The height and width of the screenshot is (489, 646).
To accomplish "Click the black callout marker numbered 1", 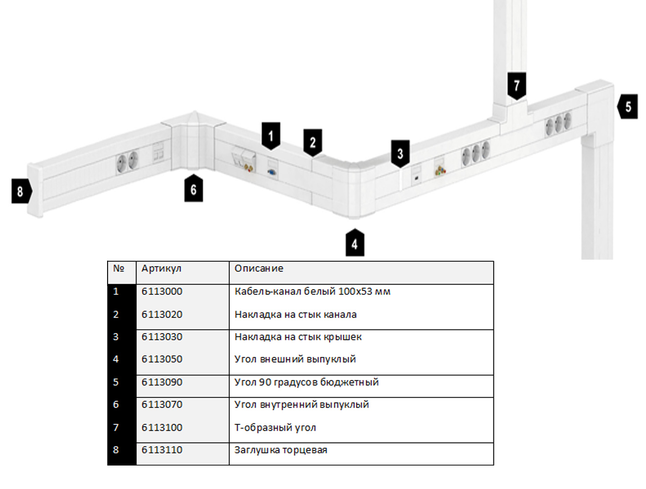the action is [271, 136].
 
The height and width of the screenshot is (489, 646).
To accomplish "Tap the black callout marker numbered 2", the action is [312, 142].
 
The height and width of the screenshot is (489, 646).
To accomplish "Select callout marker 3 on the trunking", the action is [400, 154].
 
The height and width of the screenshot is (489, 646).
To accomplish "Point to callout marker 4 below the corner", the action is [355, 243].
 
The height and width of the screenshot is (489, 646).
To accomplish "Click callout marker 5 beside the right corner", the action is [627, 107].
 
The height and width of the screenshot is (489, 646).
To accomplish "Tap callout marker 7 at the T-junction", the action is [517, 86].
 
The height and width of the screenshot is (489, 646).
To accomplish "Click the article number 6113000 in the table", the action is [162, 291].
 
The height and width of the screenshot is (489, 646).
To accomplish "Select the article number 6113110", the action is [162, 449].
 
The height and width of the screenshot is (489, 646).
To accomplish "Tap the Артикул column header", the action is [161, 268].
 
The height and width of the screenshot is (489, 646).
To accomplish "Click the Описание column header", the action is [259, 268].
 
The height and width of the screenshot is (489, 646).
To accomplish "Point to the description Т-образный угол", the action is [275, 427].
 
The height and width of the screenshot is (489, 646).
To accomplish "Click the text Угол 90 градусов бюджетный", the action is [306, 382].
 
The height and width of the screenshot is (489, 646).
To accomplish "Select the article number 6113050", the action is [162, 359].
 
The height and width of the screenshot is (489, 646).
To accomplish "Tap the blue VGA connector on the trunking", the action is [271, 172].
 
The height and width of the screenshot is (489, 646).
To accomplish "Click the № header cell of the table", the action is [119, 268].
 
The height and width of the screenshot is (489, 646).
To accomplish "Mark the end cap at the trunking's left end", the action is [35, 191].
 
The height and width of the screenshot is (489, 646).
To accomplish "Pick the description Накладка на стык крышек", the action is [298, 337].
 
